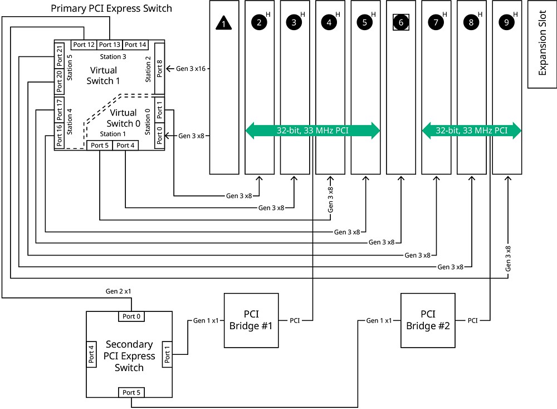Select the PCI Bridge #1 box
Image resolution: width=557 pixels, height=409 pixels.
[x=251, y=320]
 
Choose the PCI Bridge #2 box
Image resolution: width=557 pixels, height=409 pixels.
[x=428, y=320]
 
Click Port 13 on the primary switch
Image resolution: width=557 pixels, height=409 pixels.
[x=109, y=45]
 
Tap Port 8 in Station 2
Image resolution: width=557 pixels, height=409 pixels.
[x=160, y=70]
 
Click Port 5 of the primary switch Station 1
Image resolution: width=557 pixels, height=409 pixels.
[x=100, y=145]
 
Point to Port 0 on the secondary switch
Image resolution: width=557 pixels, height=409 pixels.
[x=131, y=316]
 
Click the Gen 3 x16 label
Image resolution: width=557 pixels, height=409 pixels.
[x=191, y=69]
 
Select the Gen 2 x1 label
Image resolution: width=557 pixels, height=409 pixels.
[x=119, y=291]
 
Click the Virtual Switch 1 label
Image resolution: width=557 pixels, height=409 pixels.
[x=103, y=75]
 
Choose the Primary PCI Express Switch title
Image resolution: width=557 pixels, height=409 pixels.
[x=111, y=8]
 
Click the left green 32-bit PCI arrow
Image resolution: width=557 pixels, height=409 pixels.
[x=312, y=131]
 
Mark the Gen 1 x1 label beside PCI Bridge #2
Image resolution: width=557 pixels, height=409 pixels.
[x=379, y=320]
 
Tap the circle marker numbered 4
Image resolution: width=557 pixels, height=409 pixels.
[x=329, y=23]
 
